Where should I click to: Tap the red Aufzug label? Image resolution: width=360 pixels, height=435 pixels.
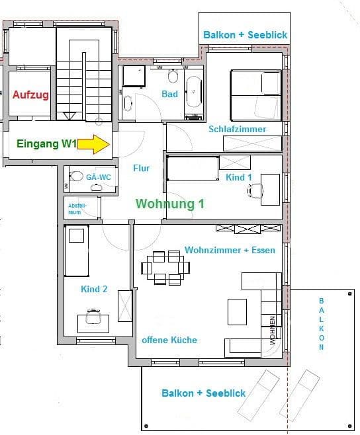click(30, 95)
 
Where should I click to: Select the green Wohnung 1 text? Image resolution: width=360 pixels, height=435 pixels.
click(169, 204)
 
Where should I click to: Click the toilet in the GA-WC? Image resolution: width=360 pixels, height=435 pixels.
click(77, 177)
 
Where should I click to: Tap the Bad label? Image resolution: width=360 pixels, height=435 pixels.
click(169, 95)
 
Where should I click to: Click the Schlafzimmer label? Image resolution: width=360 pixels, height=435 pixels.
click(237, 129)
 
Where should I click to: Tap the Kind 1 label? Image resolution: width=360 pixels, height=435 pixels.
click(239, 177)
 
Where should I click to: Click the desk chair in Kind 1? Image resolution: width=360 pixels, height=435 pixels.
click(254, 191)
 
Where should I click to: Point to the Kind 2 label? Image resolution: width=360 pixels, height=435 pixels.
click(94, 289)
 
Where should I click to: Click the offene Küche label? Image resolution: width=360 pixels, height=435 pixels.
click(169, 340)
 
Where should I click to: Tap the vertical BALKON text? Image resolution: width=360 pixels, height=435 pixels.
click(322, 323)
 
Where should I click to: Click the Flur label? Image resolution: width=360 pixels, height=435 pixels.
click(141, 169)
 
